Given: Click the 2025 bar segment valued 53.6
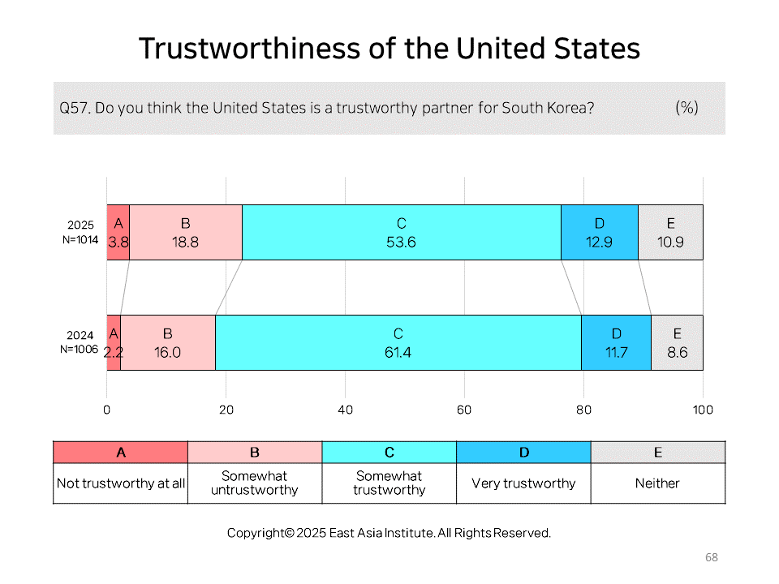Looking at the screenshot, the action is coord(402,233).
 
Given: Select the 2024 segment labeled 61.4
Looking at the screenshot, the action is coord(398,342).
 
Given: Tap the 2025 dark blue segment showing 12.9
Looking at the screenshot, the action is coord(600,233).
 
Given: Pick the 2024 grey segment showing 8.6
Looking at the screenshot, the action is coord(677,342).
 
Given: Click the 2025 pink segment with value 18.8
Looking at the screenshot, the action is coord(186,233).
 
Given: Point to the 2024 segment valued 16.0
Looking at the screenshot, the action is coord(168,342).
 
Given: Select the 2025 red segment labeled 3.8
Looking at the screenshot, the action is coord(118,233).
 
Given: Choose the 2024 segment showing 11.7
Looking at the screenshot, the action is coord(617,342).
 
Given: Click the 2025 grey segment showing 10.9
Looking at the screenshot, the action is coord(671,233).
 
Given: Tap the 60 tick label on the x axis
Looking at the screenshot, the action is coord(464,410).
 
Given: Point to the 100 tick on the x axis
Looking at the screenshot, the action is coord(703,410).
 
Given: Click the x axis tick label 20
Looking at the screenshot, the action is coord(226,410).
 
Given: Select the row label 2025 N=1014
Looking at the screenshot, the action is coord(80,233).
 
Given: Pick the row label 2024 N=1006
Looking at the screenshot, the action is coord(80,342).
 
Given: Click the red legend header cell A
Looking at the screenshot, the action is coord(121,453).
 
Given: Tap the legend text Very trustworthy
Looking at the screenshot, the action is coord(523,483).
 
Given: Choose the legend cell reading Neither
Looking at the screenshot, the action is coord(658,483).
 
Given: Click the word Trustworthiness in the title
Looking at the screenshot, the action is coord(250,49).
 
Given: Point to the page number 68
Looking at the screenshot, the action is coord(712,557).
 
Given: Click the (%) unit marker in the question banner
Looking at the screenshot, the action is coord(687,107).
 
